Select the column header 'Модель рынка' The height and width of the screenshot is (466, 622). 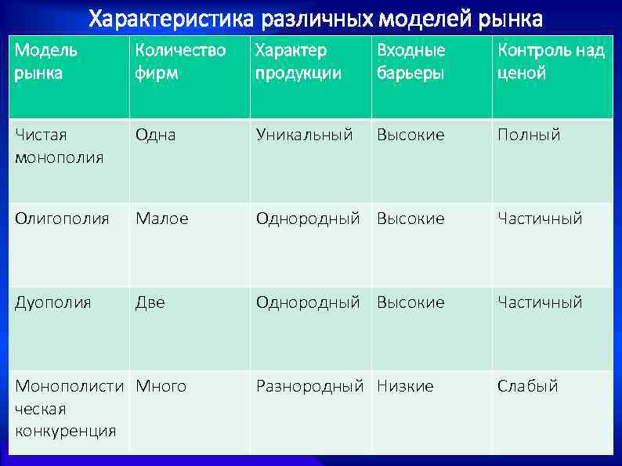pyautogui.click(x=47, y=62)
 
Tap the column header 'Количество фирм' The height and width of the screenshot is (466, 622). pyautogui.click(x=180, y=62)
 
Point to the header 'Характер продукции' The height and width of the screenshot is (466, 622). pyautogui.click(x=298, y=62)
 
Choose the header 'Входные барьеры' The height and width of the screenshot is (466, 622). pyautogui.click(x=411, y=62)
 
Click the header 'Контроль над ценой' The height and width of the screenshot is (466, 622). pyautogui.click(x=551, y=62)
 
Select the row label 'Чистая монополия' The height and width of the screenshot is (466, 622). pyautogui.click(x=59, y=146)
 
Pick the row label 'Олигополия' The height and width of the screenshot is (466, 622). pyautogui.click(x=62, y=219)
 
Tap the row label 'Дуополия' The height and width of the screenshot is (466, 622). pyautogui.click(x=52, y=302)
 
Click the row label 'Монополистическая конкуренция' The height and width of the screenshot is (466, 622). pyautogui.click(x=69, y=408)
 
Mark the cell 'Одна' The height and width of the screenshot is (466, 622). pyautogui.click(x=155, y=135)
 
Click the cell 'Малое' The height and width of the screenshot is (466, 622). pyautogui.click(x=161, y=219)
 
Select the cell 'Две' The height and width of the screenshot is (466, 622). pyautogui.click(x=150, y=302)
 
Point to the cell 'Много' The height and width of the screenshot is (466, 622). pyautogui.click(x=161, y=386)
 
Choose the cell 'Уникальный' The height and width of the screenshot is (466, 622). pyautogui.click(x=304, y=135)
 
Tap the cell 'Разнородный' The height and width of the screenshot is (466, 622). pyautogui.click(x=309, y=386)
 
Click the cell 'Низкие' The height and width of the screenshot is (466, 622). pyautogui.click(x=405, y=386)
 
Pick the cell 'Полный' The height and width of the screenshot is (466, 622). pyautogui.click(x=529, y=135)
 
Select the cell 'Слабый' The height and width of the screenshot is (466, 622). pyautogui.click(x=527, y=386)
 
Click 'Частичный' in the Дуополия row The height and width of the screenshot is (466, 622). pyautogui.click(x=540, y=302)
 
